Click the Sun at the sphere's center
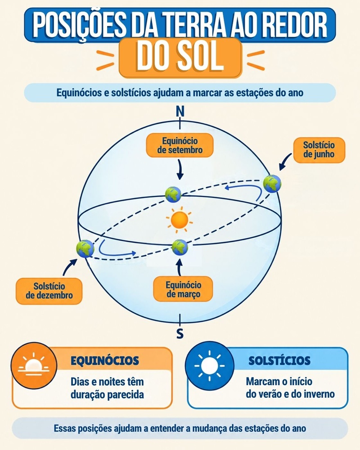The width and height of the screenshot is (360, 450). point(180,220)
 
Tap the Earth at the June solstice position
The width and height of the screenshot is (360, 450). point(272,184)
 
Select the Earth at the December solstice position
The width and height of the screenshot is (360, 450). point(85,248)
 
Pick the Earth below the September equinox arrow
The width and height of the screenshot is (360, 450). point(173,194)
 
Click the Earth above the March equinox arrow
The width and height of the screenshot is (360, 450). point(180,247)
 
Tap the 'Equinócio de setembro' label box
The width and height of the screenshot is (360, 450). point(180,145)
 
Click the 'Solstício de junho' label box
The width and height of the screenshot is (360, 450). point(319,150)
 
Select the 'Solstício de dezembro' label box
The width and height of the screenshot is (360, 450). point(49,291)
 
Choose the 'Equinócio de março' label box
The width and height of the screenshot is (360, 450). point(183,289)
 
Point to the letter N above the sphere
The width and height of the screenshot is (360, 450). point(180,111)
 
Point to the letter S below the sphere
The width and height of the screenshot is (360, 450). point(180,334)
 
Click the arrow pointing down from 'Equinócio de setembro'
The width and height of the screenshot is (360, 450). point(180,170)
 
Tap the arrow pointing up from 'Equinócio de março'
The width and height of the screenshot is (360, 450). point(180,267)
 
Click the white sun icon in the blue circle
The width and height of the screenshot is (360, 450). point(210,365)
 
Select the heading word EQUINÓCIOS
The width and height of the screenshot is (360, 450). point(105,361)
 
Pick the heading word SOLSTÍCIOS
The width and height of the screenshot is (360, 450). point(279,361)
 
